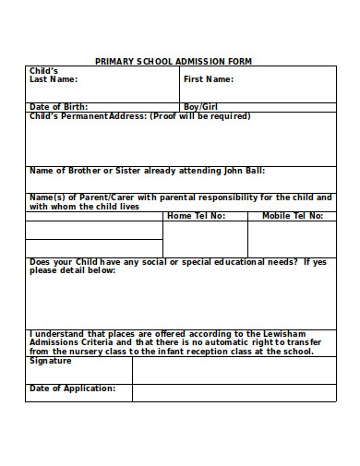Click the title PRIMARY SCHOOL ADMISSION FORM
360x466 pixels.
174,62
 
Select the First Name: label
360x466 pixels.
208,79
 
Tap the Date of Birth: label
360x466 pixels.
59,107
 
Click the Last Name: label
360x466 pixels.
53,79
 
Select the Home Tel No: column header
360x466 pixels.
196,216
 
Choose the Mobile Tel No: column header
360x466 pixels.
292,216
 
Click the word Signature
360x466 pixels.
51,361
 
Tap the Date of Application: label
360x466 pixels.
73,388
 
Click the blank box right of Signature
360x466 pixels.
234,370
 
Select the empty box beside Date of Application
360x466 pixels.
234,393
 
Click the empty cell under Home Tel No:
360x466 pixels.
205,239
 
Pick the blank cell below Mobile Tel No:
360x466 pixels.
292,239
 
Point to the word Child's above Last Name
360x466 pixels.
44,71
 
